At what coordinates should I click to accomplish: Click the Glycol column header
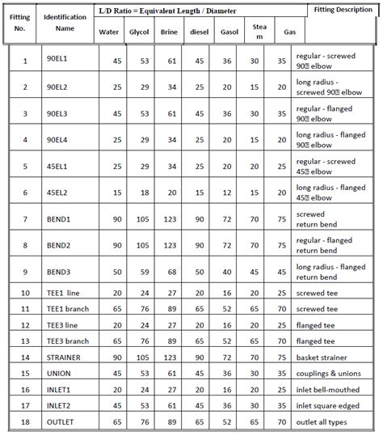[x=138, y=32]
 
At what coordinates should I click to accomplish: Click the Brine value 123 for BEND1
[x=170, y=220]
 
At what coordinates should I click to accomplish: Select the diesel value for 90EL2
[x=198, y=87]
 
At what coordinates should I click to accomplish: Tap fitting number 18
[x=24, y=422]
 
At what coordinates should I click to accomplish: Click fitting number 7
[x=24, y=220]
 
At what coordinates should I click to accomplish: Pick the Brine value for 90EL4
[x=170, y=141]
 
